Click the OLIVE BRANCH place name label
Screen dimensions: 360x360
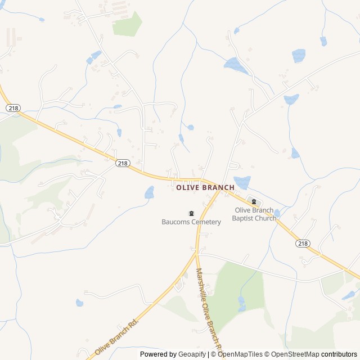coord(205,188)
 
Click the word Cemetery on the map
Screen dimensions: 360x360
coord(206,222)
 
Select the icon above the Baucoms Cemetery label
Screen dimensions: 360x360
coord(191,213)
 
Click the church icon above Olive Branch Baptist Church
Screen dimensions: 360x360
coord(254,202)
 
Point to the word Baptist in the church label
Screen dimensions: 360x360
coord(246,218)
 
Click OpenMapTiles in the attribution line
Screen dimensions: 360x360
coord(240,354)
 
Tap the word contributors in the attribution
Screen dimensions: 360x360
coord(339,354)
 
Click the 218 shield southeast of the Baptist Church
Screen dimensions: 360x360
coord(303,243)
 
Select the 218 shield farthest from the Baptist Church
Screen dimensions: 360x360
coord(13,107)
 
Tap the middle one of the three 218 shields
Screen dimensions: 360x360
coord(123,163)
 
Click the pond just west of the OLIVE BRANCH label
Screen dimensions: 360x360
coord(150,193)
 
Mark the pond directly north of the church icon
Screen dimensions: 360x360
coord(242,182)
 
